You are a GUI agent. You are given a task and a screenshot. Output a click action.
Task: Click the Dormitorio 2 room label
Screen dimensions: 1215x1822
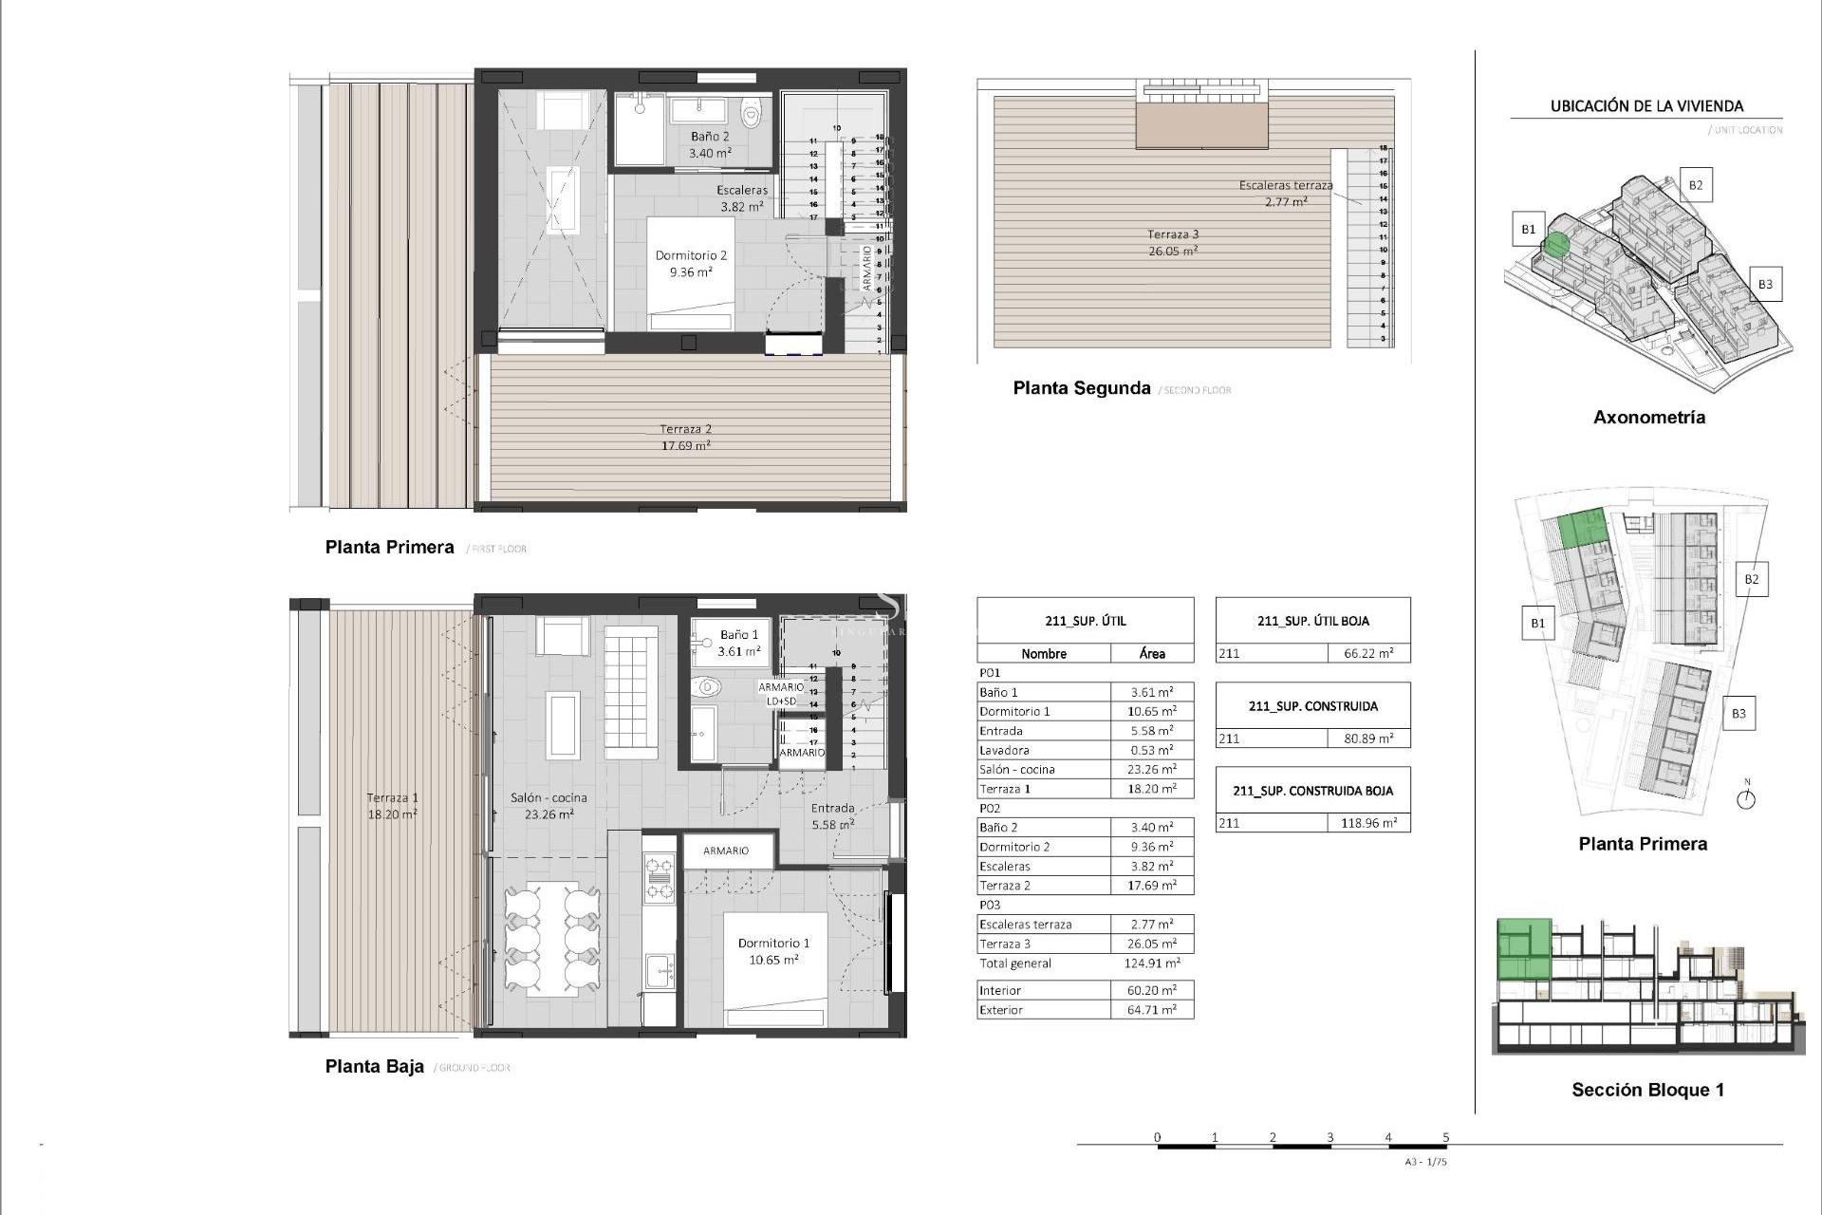click(x=691, y=263)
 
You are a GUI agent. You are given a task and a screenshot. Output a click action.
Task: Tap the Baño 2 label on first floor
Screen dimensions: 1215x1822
click(x=709, y=144)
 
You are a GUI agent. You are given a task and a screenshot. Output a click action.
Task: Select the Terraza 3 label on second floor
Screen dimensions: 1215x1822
click(x=1173, y=242)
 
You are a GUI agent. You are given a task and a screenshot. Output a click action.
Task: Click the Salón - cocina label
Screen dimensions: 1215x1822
click(x=548, y=806)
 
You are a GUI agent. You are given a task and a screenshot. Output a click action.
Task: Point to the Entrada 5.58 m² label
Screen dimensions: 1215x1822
click(x=832, y=816)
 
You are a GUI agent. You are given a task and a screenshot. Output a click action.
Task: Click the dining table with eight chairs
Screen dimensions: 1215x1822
click(x=552, y=939)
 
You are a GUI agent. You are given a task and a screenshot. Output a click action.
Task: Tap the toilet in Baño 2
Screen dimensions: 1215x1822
click(x=751, y=116)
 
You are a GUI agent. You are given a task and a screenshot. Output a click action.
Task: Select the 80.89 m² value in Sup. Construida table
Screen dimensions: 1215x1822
click(x=1367, y=738)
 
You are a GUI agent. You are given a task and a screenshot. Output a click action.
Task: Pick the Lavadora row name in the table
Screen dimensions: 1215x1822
click(x=1004, y=750)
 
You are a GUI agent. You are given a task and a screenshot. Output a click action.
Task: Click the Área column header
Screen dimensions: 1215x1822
click(x=1151, y=653)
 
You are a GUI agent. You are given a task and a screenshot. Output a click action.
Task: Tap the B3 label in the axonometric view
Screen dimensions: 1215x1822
click(x=1764, y=284)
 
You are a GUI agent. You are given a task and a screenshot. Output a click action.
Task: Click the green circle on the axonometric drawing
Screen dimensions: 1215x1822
click(x=1555, y=245)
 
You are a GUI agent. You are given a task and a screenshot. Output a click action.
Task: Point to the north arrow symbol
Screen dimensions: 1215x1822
click(x=1745, y=797)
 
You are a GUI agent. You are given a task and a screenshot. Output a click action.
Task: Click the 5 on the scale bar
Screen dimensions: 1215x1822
click(x=1445, y=1137)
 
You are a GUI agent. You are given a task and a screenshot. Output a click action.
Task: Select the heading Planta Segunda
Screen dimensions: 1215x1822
click(x=1081, y=388)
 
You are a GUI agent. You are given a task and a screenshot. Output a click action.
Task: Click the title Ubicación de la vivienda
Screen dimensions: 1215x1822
click(x=1645, y=106)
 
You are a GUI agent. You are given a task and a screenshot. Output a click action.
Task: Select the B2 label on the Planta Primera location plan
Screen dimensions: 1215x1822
click(x=1751, y=579)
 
